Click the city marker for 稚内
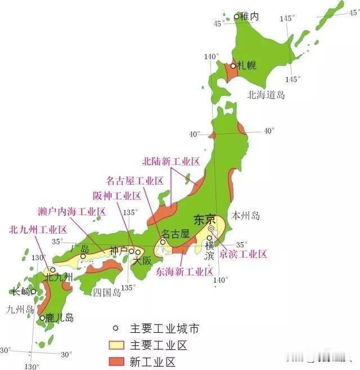pyautogui.click(x=236, y=17)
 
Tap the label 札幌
pyautogui.click(x=246, y=65)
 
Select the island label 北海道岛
pyautogui.click(x=266, y=95)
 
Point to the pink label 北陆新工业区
pyautogui.click(x=171, y=162)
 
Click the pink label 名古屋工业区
pyautogui.click(x=134, y=181)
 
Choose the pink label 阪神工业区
pyautogui.click(x=117, y=196)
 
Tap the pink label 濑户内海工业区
pyautogui.click(x=73, y=212)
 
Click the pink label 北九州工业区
pyautogui.click(x=38, y=230)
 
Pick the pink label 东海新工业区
pyautogui.click(x=184, y=271)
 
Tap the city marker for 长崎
pyautogui.click(x=34, y=292)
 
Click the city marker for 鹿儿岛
pyautogui.click(x=43, y=318)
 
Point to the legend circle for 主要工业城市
pyautogui.click(x=116, y=329)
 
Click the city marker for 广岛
pyautogui.click(x=83, y=256)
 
